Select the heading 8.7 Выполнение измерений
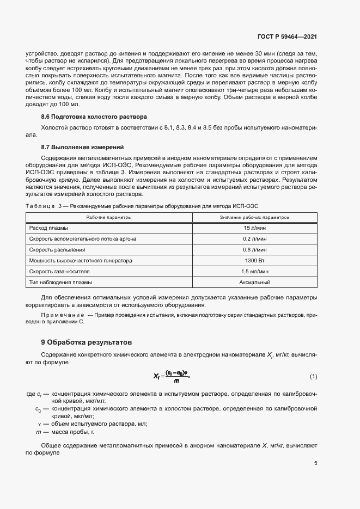[x=82, y=147]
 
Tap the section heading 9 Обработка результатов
[x=86, y=342]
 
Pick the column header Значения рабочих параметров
[x=254, y=217]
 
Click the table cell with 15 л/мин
[x=254, y=228]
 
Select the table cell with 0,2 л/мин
[x=254, y=239]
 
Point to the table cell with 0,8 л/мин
[x=254, y=250]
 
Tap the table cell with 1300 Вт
[x=254, y=261]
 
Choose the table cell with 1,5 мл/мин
[x=254, y=272]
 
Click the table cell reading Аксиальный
[x=254, y=283]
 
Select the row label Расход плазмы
[x=49, y=228]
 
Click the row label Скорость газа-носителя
[x=59, y=272]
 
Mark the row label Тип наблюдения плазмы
[x=60, y=283]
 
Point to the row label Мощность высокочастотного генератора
[x=81, y=261]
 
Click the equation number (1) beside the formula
[x=313, y=377]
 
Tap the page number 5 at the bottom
[x=316, y=464]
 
